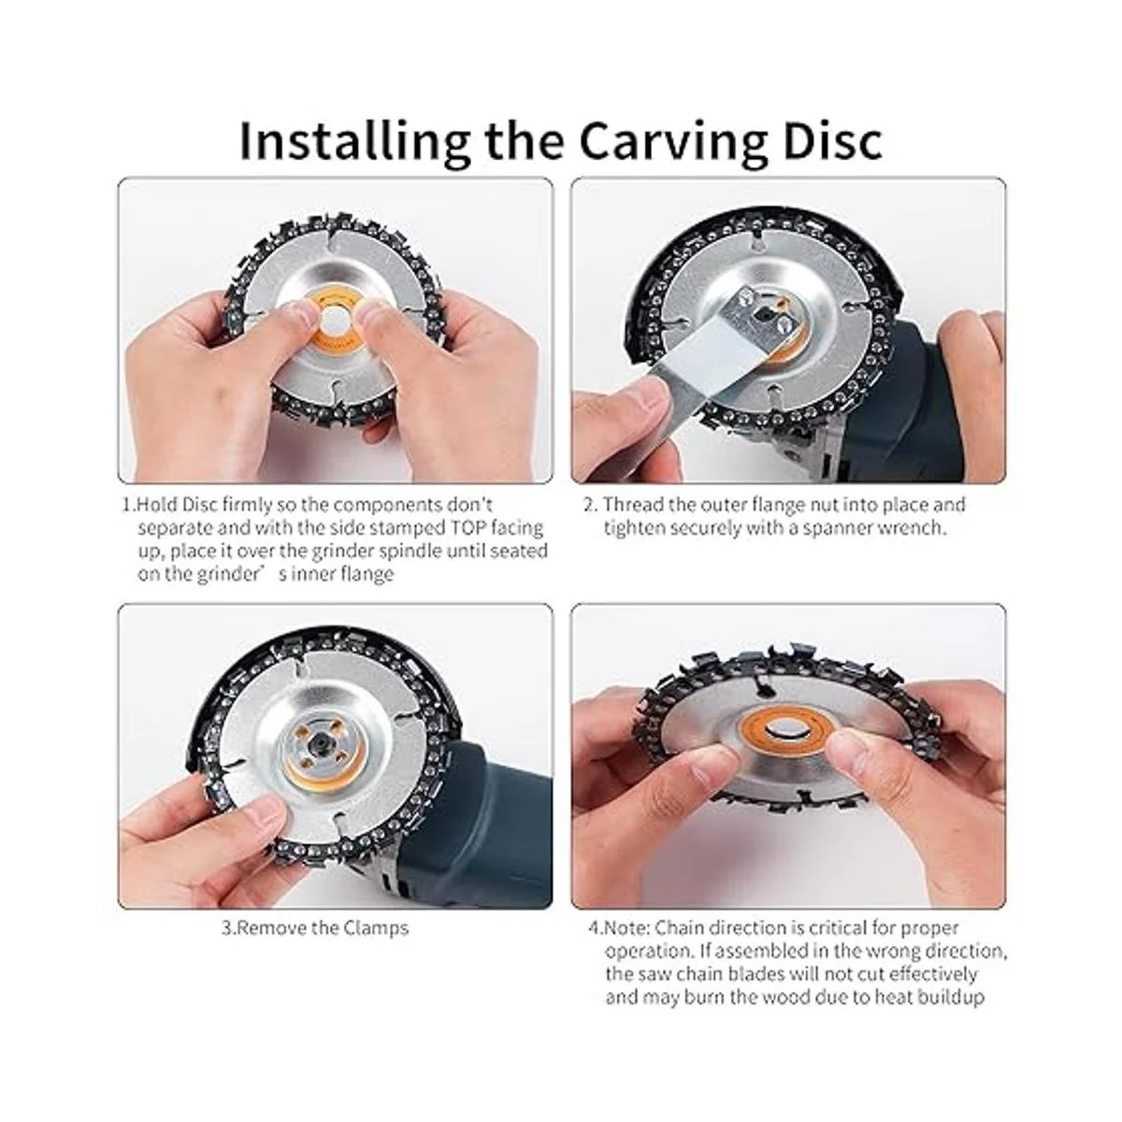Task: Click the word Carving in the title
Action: pos(670,140)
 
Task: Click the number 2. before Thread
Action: pos(591,504)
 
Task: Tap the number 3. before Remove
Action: pos(229,928)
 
